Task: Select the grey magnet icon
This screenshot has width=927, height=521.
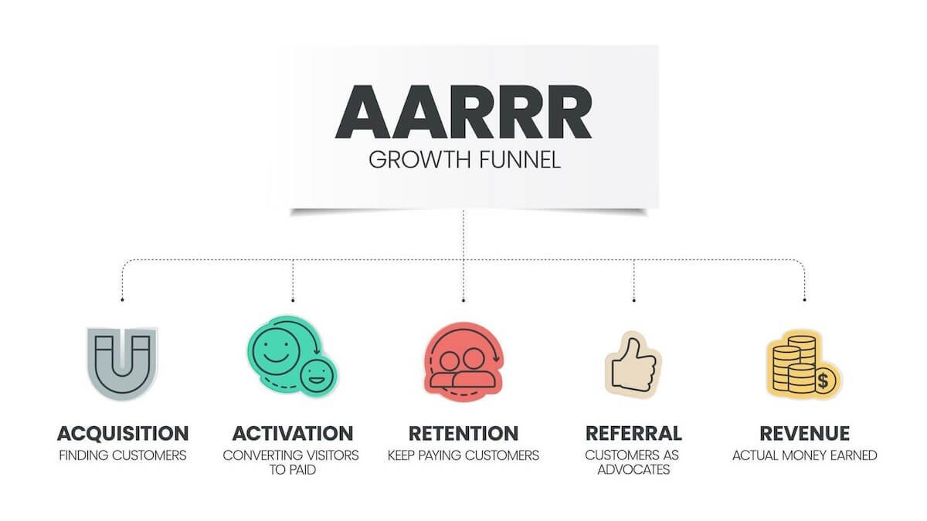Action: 122,362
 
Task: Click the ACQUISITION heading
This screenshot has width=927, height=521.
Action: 123,433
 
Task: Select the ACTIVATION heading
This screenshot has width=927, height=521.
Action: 292,433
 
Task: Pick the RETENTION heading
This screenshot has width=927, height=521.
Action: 463,433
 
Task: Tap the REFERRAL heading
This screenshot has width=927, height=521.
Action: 633,433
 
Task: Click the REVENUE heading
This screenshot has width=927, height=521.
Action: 804,433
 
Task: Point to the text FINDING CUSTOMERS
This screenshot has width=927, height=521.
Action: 123,455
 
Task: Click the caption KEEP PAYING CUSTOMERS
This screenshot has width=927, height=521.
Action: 463,455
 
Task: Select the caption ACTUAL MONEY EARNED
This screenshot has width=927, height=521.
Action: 804,455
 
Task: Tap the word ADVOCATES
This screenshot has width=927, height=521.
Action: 633,469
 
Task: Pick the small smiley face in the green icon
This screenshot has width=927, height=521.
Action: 315,376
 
